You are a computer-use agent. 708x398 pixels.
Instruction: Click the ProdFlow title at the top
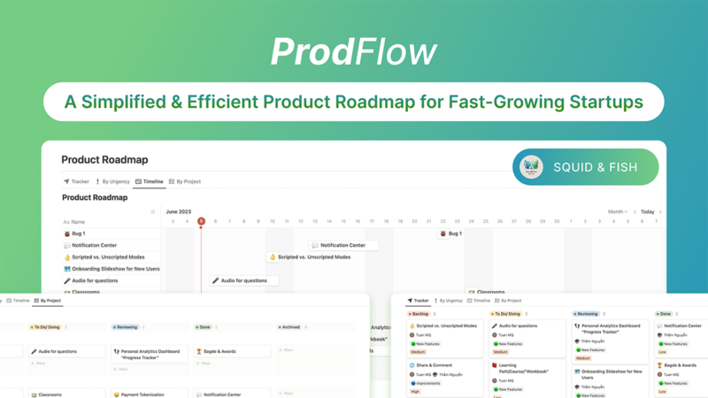click(353, 52)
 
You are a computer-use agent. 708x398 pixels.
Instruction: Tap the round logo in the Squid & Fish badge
click(531, 166)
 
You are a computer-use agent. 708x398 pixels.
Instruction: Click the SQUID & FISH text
click(595, 167)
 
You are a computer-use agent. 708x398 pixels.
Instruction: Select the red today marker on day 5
click(201, 221)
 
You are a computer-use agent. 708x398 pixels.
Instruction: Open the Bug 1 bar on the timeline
click(450, 233)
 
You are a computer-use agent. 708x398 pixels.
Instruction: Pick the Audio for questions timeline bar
click(244, 280)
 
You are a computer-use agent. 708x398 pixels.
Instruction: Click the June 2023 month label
click(179, 211)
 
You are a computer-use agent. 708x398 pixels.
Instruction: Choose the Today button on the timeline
click(648, 212)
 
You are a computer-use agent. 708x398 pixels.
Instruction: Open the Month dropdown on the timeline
click(618, 212)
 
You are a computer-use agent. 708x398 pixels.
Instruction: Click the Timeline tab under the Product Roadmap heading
click(150, 181)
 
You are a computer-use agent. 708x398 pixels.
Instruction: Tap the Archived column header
click(290, 327)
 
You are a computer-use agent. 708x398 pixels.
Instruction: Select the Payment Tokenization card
click(142, 394)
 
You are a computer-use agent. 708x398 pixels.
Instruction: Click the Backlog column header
click(419, 313)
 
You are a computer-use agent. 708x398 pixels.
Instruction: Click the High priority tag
click(416, 391)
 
